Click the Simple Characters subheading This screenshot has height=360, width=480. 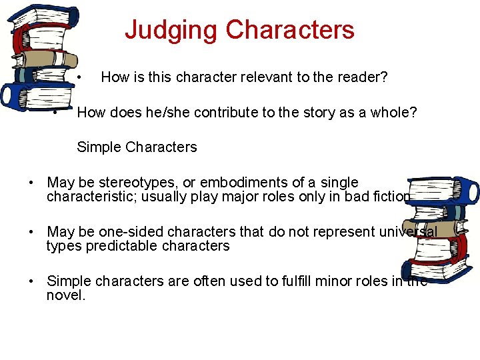click(137, 147)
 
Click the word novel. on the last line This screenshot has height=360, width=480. click(66, 295)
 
